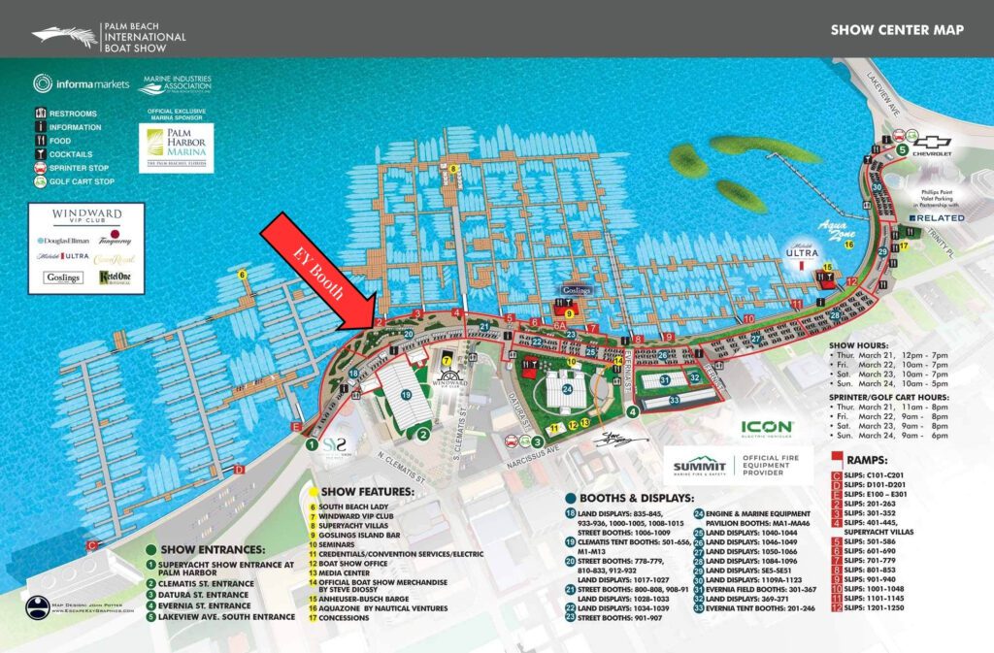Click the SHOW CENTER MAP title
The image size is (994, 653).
[897, 30]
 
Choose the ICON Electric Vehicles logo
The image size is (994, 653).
[767, 428]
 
